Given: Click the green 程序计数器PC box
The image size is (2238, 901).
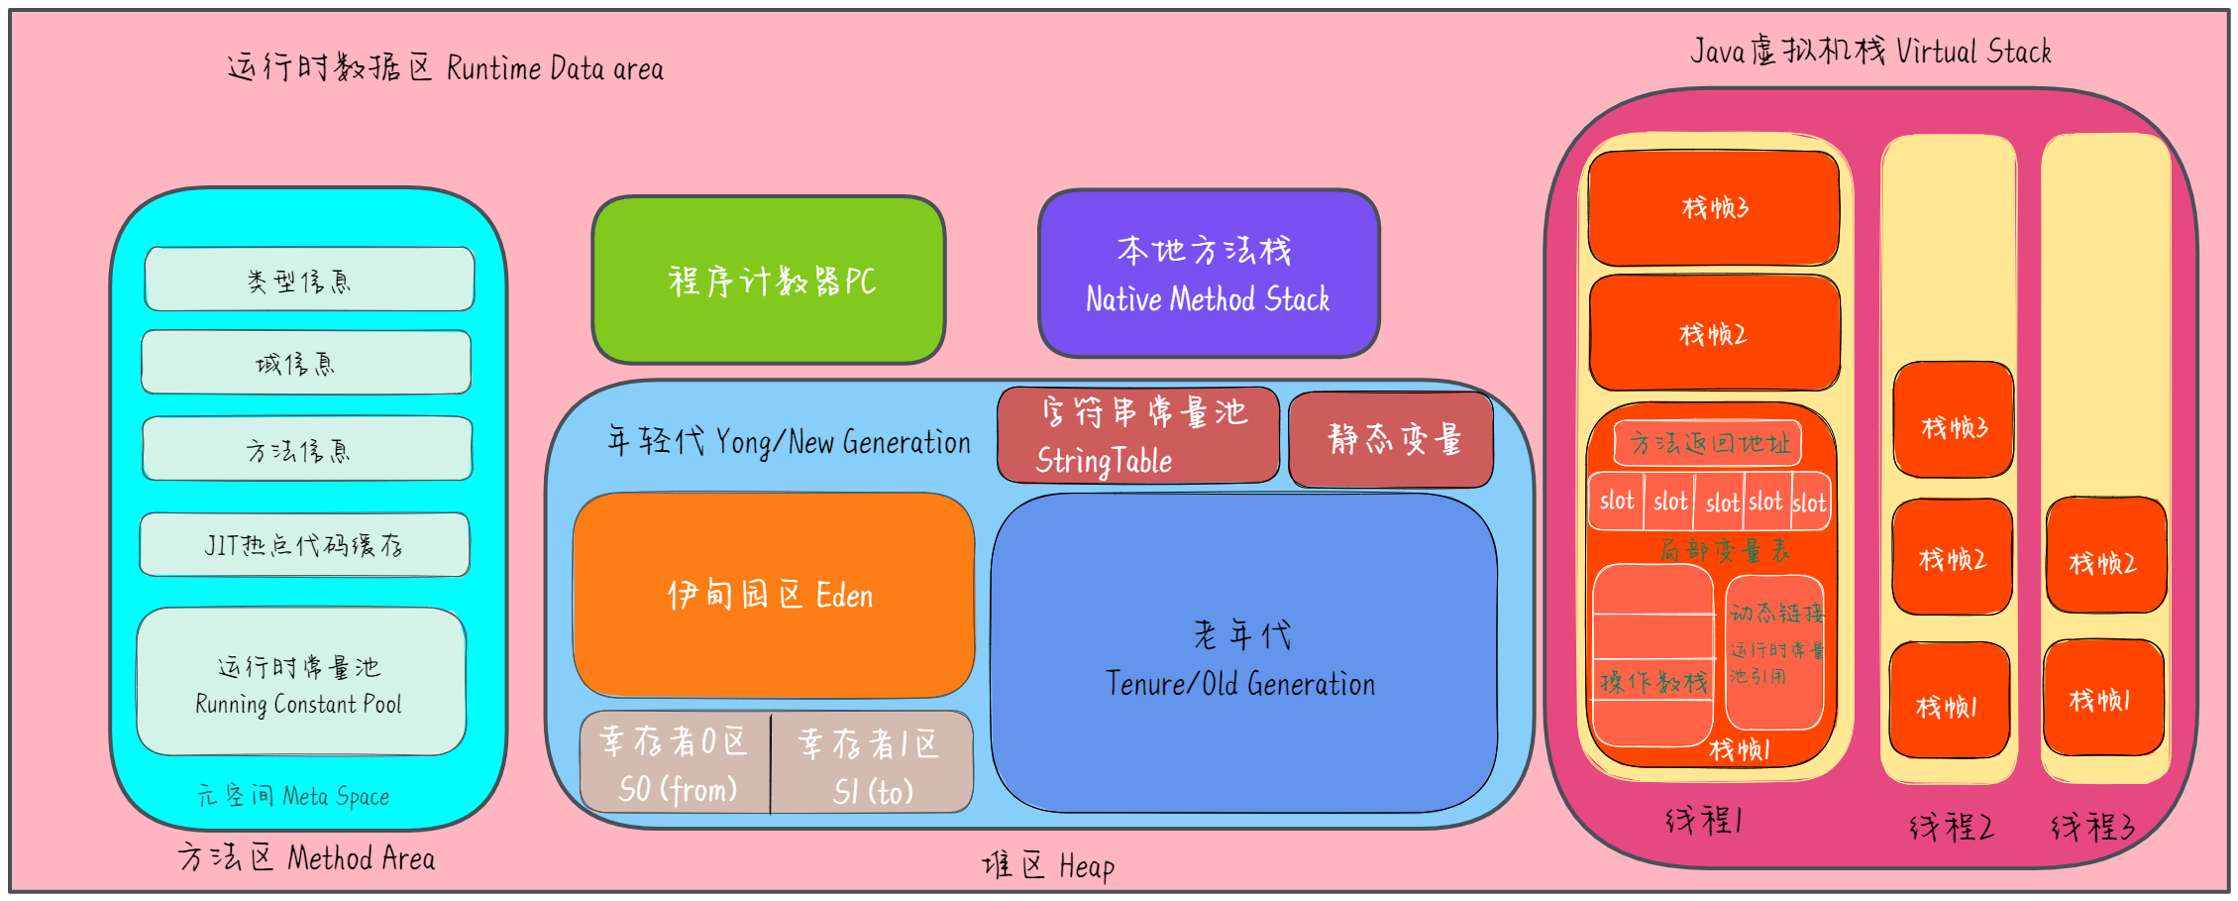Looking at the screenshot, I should tap(769, 281).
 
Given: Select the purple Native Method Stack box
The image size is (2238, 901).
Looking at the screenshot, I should tap(1209, 275).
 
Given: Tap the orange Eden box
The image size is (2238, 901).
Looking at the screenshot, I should tap(773, 595).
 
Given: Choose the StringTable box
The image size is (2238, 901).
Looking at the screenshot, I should tap(1138, 435).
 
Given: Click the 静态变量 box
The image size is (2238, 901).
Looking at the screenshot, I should tap(1391, 439).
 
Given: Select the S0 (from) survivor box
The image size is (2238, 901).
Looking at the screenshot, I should tap(675, 762).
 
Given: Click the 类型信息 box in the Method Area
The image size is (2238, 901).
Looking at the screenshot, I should tap(309, 280).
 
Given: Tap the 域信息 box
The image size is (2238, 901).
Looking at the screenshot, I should tap(306, 363).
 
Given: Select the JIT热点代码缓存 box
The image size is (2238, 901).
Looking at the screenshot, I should tap(304, 544).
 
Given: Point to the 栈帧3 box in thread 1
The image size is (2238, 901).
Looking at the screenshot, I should tap(1714, 208).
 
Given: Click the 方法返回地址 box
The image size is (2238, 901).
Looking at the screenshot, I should tap(1708, 443).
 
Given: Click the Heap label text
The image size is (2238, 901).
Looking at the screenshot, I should tap(1048, 866).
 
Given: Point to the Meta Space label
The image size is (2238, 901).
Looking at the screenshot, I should tap(293, 796).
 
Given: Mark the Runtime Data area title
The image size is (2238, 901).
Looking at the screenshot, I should tap(446, 67).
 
